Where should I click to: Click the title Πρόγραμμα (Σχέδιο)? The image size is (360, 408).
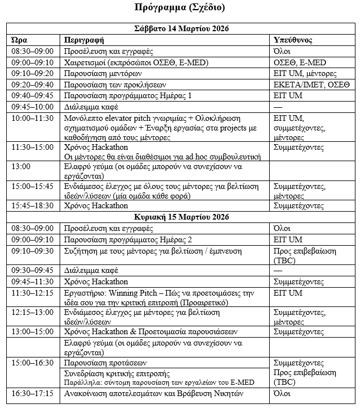tap(179, 7)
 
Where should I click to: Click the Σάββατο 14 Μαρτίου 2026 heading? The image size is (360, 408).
tap(179, 28)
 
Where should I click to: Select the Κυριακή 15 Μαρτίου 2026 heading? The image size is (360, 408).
tap(179, 218)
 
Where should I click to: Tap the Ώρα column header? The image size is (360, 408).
tap(19, 40)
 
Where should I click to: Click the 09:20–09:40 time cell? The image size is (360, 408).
tap(32, 85)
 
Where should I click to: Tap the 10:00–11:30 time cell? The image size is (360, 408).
tap(32, 118)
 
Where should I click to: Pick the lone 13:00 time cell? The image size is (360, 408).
tap(20, 167)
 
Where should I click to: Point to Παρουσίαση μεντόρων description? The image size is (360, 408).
tap(103, 73)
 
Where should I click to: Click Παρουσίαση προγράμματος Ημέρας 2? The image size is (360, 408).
tap(128, 240)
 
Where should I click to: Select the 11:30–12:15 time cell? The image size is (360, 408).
tap(32, 293)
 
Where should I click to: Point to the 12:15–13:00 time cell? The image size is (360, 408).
tap(32, 313)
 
